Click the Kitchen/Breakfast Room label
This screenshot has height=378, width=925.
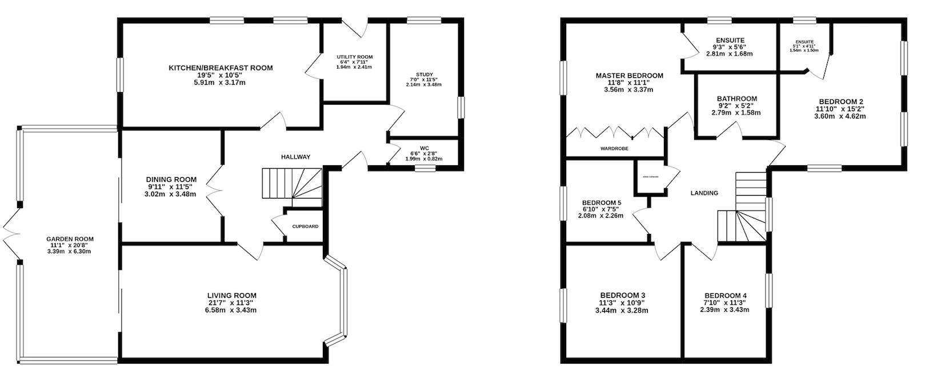coord(221,68)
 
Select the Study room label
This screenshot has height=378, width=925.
coord(424,74)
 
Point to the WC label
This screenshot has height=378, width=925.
coord(424,148)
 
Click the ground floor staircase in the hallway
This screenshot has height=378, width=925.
coord(291,184)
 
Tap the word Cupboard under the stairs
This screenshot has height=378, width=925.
coord(305,226)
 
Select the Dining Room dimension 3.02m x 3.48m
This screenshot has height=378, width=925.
coord(171,194)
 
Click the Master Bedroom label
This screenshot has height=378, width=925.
coord(629,75)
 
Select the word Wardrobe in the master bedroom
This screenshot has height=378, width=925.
coord(614,148)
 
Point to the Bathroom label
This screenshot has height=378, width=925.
coord(736,98)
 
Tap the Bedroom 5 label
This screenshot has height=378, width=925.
coord(601,203)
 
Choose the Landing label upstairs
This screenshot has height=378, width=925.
coord(704,193)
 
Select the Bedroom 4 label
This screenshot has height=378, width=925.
coord(725,296)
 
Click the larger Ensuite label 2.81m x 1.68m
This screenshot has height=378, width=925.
coord(729,54)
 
